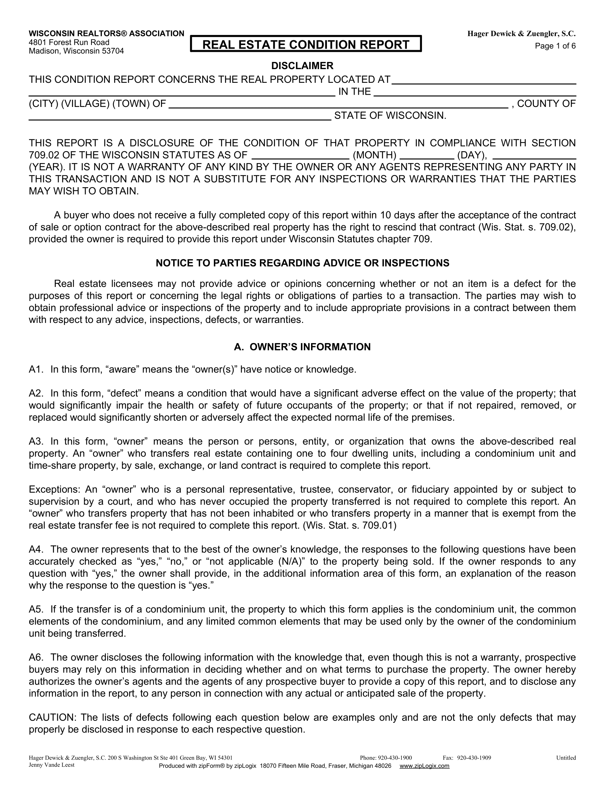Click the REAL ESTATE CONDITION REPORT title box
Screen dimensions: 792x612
pos(306,44)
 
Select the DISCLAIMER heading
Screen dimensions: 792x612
pos(302,66)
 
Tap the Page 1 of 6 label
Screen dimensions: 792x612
pos(555,46)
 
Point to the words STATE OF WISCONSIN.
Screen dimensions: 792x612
pos(390,116)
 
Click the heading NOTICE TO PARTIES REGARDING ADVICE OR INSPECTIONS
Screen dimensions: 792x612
pos(302,263)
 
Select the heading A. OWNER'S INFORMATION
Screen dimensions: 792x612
pos(302,347)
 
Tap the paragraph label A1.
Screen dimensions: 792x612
pos(36,369)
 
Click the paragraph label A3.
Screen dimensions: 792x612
pos(36,441)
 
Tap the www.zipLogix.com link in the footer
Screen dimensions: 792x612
pos(424,766)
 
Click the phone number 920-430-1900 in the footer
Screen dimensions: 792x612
pos(395,758)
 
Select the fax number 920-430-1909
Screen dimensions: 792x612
pos(474,758)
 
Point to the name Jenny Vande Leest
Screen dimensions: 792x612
pos(51,765)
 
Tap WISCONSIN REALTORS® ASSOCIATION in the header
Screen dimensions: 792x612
pos(106,34)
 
